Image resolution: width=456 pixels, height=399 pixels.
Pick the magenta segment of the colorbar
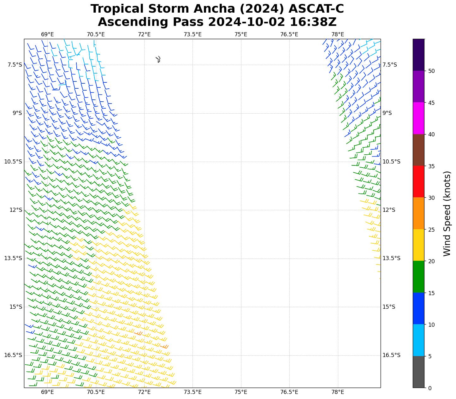point(418,118)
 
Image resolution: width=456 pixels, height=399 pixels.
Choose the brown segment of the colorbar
point(418,150)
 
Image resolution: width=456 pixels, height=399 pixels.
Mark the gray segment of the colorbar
point(418,372)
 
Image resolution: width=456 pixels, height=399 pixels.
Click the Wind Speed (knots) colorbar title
point(447,213)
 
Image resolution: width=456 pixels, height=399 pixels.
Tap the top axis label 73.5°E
point(192,34)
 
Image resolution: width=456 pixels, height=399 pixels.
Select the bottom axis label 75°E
point(241,392)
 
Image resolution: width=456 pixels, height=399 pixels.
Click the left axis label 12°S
point(16,210)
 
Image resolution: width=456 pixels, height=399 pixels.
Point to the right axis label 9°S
point(387,113)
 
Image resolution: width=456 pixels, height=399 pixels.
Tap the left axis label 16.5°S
point(13,355)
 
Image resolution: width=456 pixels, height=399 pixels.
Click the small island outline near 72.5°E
point(158,59)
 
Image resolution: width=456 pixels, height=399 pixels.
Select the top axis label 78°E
point(338,34)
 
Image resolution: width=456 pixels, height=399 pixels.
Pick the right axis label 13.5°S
point(391,258)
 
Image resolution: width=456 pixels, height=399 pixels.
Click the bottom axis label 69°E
point(47,392)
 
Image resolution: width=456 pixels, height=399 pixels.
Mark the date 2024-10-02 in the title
point(246,22)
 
